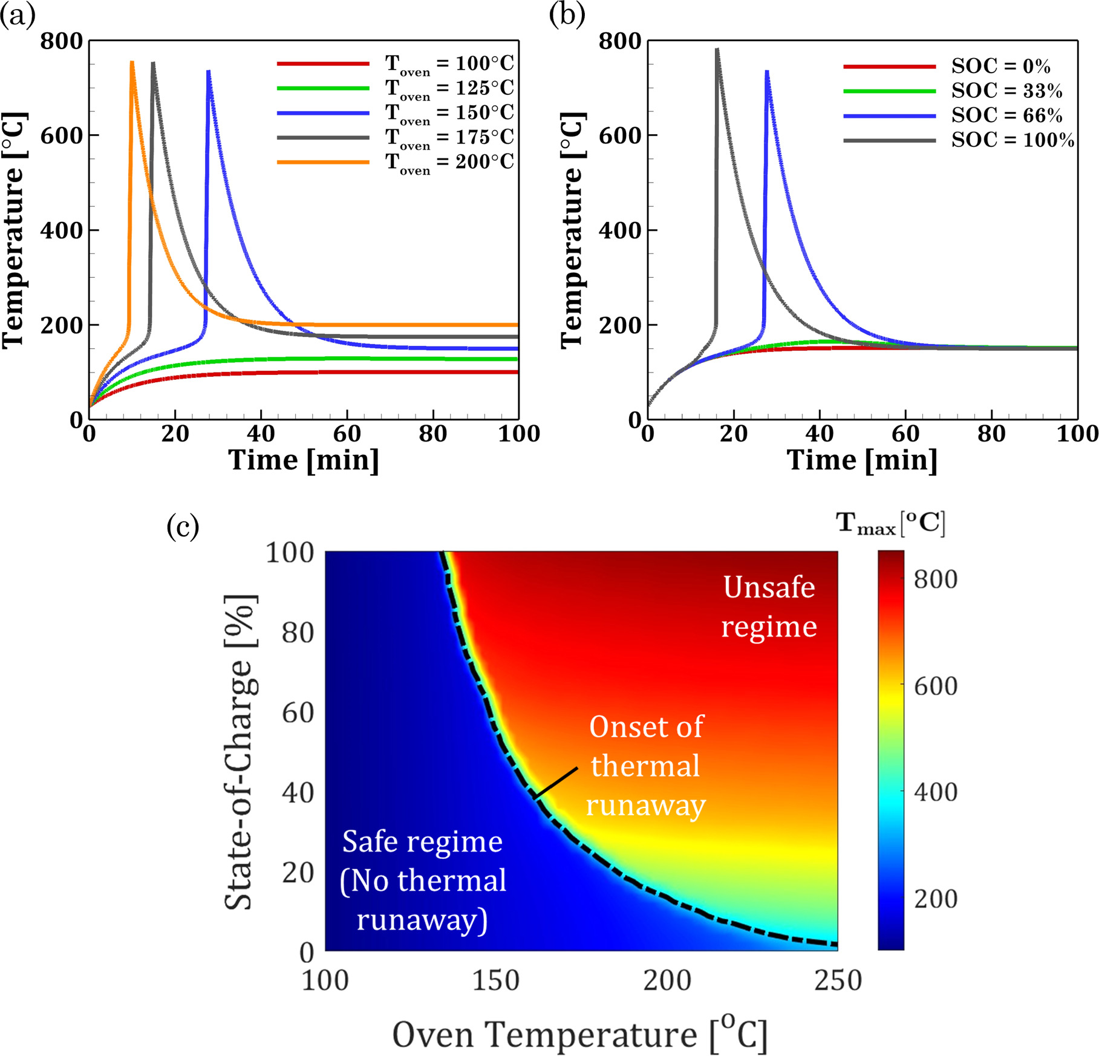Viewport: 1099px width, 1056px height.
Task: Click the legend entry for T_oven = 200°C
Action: tap(449, 162)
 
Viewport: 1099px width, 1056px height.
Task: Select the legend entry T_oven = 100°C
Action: tap(449, 64)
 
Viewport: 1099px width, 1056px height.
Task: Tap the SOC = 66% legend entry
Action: tap(1006, 116)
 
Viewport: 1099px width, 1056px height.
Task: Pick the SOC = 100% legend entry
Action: tap(1013, 140)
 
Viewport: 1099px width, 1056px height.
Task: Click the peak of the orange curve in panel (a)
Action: tap(132, 62)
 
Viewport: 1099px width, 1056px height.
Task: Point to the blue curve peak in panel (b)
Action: tap(767, 71)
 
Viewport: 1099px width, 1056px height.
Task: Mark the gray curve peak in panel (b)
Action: tap(717, 50)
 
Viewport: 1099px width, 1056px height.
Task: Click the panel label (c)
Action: tap(183, 526)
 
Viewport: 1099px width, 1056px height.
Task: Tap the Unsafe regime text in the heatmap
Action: tap(769, 607)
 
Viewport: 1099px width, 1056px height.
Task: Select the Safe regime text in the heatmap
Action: tap(423, 880)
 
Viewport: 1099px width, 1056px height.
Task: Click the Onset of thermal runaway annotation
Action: tap(646, 766)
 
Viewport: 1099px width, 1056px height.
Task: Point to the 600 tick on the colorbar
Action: tap(935, 686)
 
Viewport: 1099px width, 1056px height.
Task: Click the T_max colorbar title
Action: tap(890, 523)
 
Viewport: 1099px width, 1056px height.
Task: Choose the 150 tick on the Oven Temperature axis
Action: tap(496, 980)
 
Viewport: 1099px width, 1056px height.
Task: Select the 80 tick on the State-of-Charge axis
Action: tap(298, 633)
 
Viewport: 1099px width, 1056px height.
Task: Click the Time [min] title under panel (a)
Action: tap(304, 460)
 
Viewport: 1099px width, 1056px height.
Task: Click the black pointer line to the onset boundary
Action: tap(556, 783)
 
